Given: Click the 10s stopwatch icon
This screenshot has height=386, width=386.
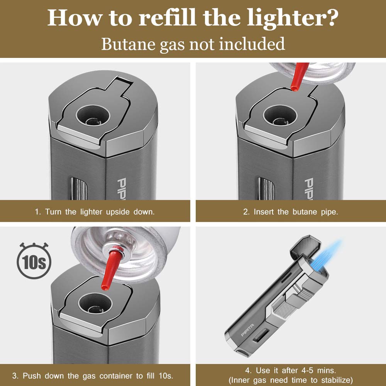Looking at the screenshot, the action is click(x=34, y=261).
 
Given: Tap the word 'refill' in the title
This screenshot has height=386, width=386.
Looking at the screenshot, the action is click(x=167, y=18).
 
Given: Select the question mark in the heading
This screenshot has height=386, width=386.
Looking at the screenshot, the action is click(x=331, y=18).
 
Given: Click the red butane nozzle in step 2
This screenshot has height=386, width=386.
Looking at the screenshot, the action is click(x=299, y=77).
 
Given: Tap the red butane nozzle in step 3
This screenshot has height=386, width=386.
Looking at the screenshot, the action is click(x=111, y=268).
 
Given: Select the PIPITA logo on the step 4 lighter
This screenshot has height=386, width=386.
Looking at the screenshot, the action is click(x=247, y=330).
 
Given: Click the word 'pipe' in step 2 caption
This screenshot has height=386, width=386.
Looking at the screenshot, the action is click(x=330, y=212).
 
